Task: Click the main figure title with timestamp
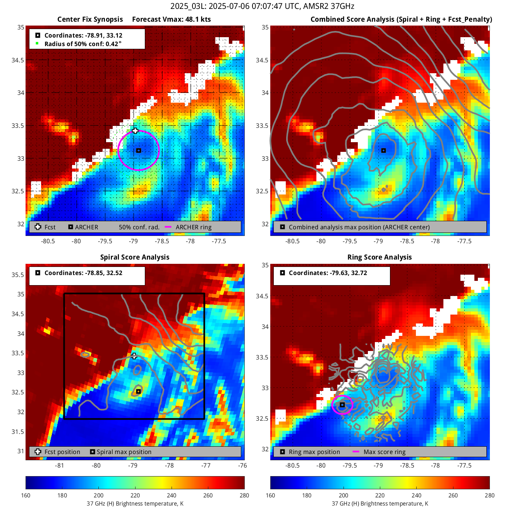(262, 6)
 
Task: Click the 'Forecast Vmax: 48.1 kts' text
(171, 19)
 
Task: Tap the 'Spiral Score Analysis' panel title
(135, 257)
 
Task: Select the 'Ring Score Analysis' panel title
(379, 257)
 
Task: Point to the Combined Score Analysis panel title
(401, 19)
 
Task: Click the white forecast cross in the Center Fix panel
(135, 131)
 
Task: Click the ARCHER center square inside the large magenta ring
(139, 150)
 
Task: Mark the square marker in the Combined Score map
(383, 150)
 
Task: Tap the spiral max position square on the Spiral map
(138, 391)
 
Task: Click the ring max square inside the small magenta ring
(342, 405)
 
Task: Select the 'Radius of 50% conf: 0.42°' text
(83, 44)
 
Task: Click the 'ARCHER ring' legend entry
(193, 227)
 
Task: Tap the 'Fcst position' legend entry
(62, 452)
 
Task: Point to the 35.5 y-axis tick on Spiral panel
(18, 275)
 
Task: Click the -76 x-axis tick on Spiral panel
(242, 465)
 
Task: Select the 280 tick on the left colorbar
(244, 495)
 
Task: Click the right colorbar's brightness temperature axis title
(379, 504)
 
